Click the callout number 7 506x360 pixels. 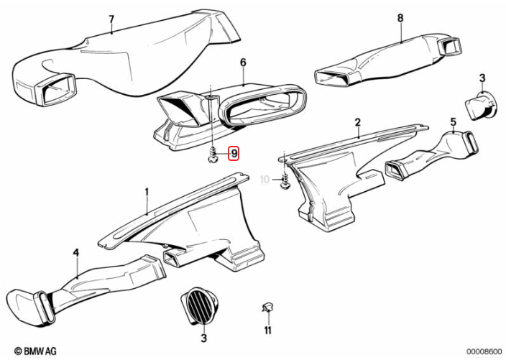click(111, 19)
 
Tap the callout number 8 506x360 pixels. click(400, 18)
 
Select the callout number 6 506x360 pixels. click(243, 62)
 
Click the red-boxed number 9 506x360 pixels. click(234, 153)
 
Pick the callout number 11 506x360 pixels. click(267, 331)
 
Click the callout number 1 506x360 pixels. click(147, 193)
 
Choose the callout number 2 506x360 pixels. click(357, 124)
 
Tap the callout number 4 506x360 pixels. click(75, 252)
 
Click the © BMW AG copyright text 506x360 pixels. click(29, 351)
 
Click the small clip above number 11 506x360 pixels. click(267, 307)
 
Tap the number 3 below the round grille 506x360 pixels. click(204, 338)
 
